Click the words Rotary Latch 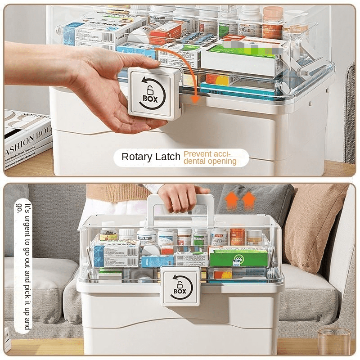coord(152,157)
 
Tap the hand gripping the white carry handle coord(180,198)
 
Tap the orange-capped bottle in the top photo coord(273,22)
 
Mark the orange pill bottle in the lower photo coord(237,236)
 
